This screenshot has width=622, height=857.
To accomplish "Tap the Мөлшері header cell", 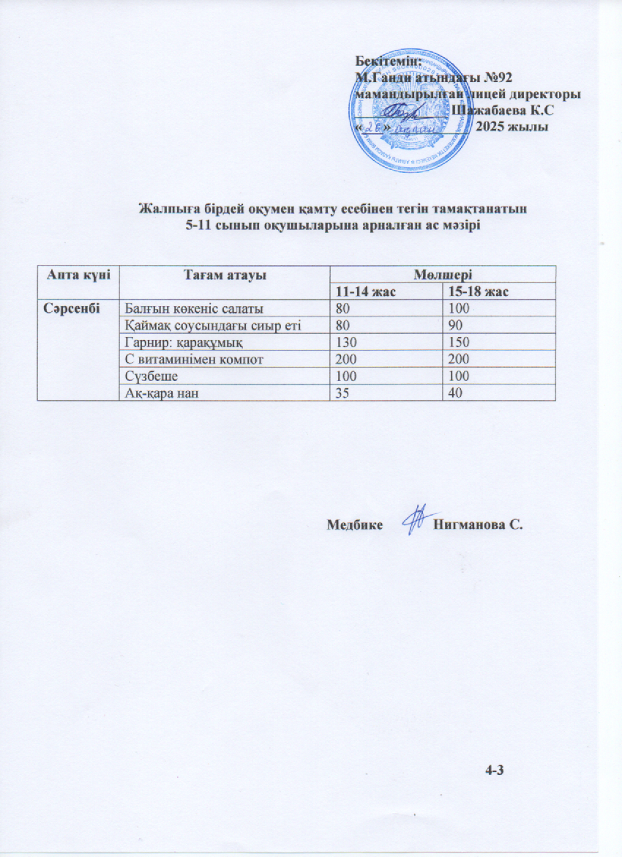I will coord(441,274).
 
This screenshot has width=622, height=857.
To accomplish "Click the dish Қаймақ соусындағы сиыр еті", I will coord(213,325).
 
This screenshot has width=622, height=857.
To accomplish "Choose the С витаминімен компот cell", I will coord(191,360).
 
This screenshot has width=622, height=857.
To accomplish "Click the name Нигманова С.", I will coord(479,524).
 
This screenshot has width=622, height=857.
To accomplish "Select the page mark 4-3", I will coord(496,768).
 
